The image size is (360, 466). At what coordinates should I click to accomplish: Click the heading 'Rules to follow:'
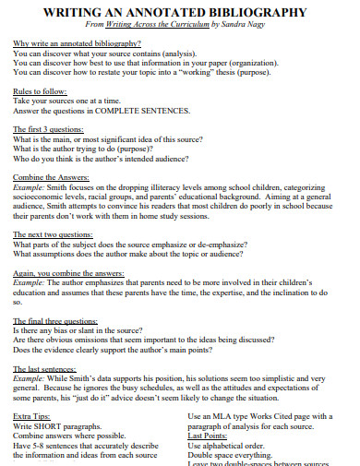(x=39, y=92)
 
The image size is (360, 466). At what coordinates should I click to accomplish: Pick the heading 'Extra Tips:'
(x=33, y=416)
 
